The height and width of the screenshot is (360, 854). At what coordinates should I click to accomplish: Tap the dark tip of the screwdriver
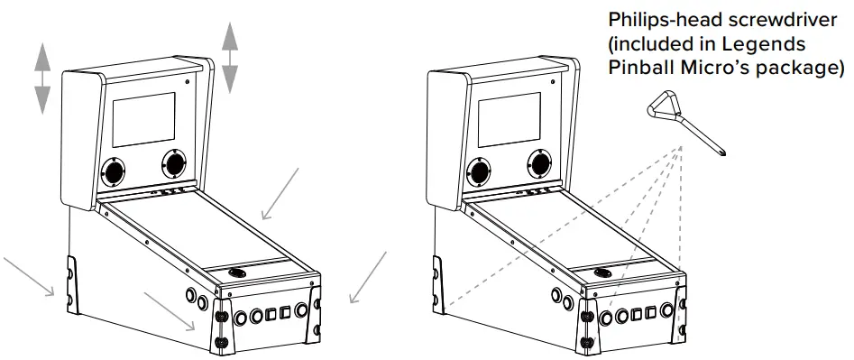click(724, 152)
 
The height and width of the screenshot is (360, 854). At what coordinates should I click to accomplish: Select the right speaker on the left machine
click(174, 163)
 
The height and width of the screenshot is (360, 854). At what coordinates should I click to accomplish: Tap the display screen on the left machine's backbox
click(143, 118)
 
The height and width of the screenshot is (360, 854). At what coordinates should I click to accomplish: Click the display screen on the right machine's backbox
click(510, 118)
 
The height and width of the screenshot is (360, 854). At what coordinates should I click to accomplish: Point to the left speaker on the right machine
click(480, 170)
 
